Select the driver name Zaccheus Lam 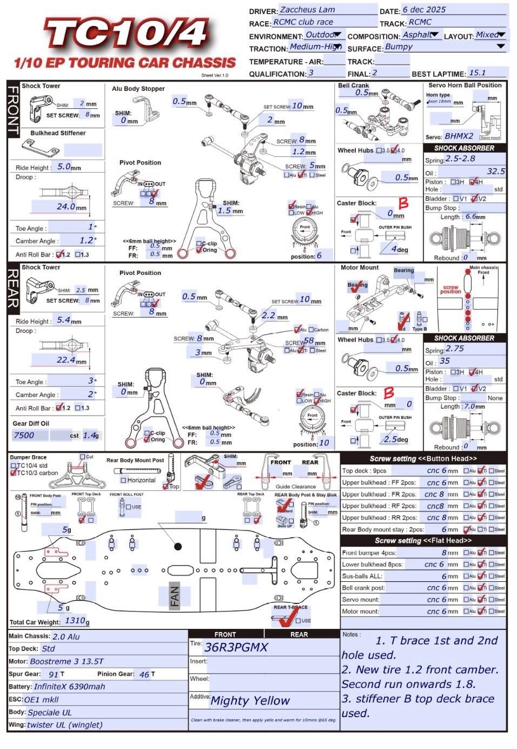pyautogui.click(x=307, y=10)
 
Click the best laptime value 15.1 pyautogui.click(x=478, y=73)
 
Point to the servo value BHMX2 pyautogui.click(x=459, y=136)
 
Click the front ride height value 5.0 pyautogui.click(x=64, y=167)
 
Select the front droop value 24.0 pyautogui.click(x=66, y=206)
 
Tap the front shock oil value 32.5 pyautogui.click(x=495, y=171)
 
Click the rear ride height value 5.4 pyautogui.click(x=64, y=320)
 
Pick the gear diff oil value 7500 pyautogui.click(x=24, y=435)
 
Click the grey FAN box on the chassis pyautogui.click(x=174, y=596)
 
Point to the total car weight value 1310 pyautogui.click(x=75, y=621)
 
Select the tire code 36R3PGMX pyautogui.click(x=236, y=647)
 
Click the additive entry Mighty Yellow pyautogui.click(x=250, y=701)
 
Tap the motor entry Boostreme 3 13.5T pyautogui.click(x=67, y=661)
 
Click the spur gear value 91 pyautogui.click(x=54, y=674)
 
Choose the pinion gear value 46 pyautogui.click(x=144, y=674)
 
